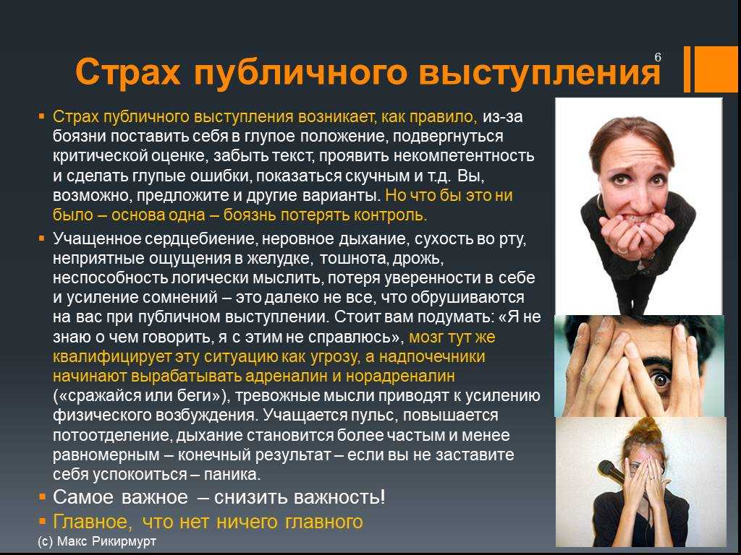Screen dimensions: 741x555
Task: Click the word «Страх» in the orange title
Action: pos(128,72)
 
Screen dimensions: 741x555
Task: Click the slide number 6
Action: pos(658,58)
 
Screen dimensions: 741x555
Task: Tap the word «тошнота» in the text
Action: pos(355,258)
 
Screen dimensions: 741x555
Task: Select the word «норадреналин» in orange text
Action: pos(400,376)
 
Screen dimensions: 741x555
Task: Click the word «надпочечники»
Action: pos(432,356)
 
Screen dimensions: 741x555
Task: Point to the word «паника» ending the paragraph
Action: pos(232,474)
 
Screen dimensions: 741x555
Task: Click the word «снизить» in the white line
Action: pos(251,497)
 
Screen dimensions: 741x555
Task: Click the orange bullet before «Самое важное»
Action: pos(42,496)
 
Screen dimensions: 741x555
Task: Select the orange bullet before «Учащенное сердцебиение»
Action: pos(41,238)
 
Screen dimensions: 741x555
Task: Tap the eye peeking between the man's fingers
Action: pos(661,379)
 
